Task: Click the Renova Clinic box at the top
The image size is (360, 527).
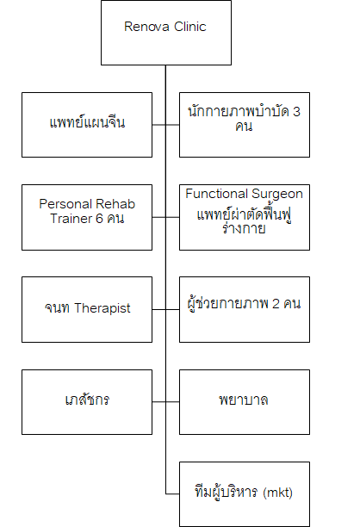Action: (x=166, y=33)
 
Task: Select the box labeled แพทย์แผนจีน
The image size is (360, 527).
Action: (x=87, y=125)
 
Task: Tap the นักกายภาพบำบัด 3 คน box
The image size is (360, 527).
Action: (x=245, y=125)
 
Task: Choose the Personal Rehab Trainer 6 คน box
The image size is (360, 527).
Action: (x=87, y=217)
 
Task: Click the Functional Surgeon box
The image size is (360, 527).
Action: (x=245, y=217)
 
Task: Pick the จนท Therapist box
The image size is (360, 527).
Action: (x=87, y=309)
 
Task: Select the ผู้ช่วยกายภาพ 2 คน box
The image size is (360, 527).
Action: (x=245, y=309)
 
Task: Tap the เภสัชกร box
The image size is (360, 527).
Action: (x=87, y=402)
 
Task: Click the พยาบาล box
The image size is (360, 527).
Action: (x=245, y=402)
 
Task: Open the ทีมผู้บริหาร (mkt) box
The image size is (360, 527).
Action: (x=245, y=494)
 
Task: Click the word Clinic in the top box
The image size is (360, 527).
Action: (x=190, y=27)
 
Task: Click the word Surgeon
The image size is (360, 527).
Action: (x=277, y=195)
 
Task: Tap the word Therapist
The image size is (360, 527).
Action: (x=102, y=308)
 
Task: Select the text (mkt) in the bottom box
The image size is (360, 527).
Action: (x=277, y=493)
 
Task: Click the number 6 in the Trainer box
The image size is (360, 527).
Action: (x=99, y=219)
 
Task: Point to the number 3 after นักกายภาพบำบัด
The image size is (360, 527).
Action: (x=296, y=112)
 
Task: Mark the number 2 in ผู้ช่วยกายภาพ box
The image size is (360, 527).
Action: (x=276, y=303)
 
